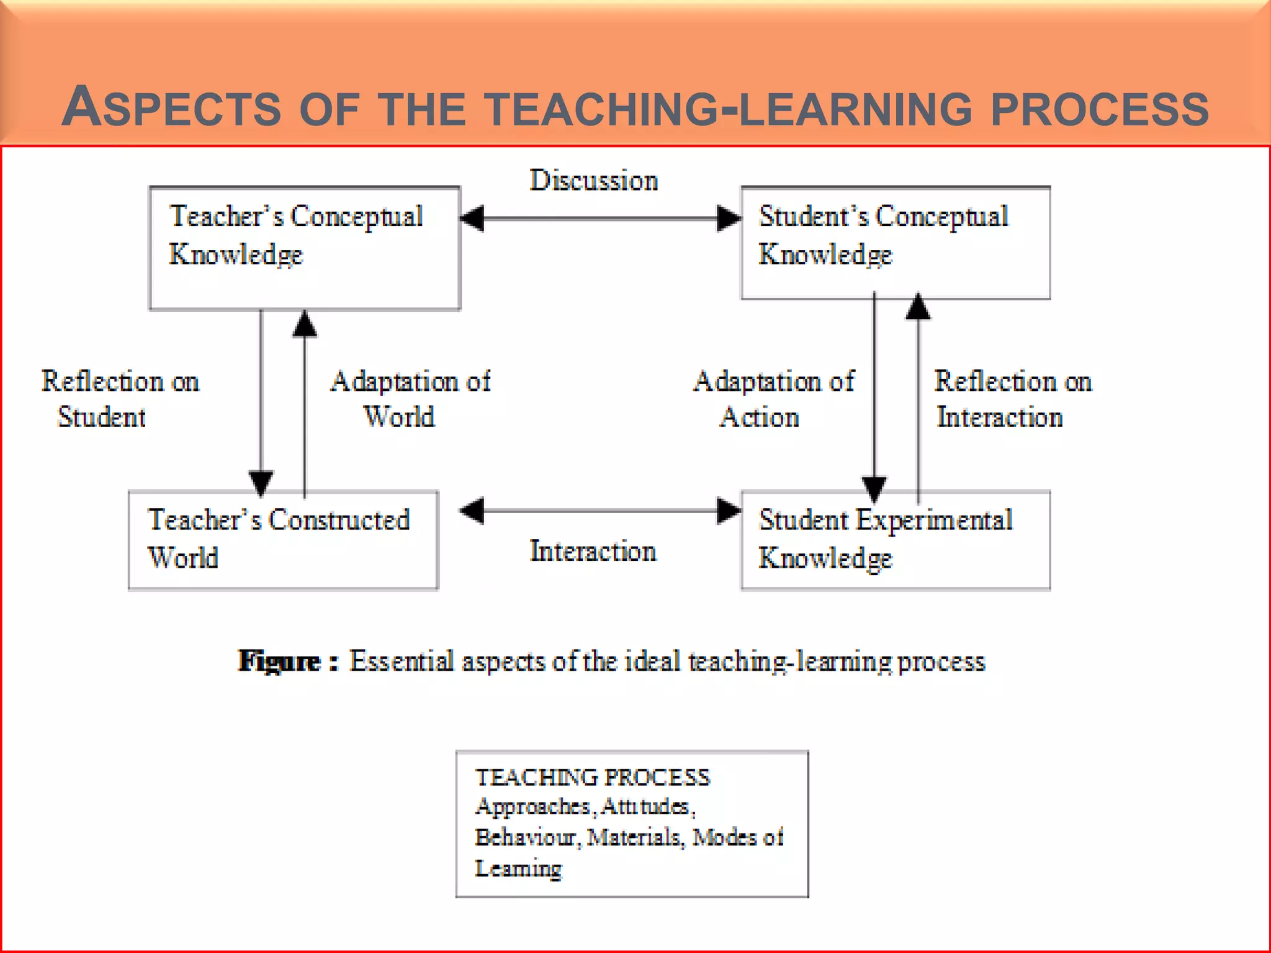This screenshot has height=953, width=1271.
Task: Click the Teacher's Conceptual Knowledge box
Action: (304, 248)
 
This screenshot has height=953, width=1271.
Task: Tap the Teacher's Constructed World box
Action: (283, 540)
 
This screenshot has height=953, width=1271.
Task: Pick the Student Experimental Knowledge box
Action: (896, 540)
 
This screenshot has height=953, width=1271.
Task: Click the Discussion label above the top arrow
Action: (593, 181)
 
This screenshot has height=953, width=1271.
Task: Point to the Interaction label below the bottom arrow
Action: (593, 551)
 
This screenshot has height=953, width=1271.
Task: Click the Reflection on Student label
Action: (120, 399)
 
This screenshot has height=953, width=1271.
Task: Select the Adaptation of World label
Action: (410, 399)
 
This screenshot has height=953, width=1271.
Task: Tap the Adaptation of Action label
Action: (773, 399)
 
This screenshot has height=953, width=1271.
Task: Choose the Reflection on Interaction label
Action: (1013, 399)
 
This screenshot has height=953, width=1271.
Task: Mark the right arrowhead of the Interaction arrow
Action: (729, 511)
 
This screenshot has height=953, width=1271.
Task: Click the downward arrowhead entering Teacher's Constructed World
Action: (261, 483)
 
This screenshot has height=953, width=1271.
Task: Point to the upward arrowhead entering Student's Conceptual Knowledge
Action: (918, 306)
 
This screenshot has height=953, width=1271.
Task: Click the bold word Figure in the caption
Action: (279, 661)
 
